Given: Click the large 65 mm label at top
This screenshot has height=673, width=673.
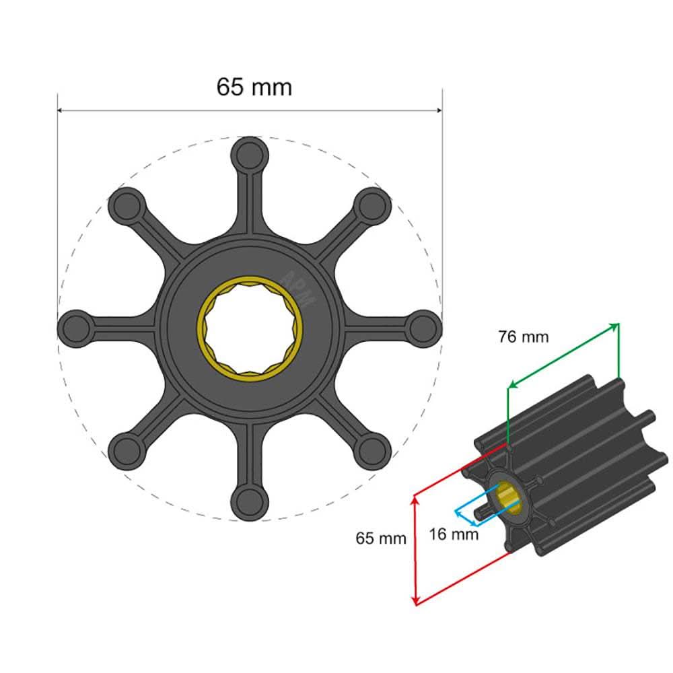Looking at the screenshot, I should coord(254,87).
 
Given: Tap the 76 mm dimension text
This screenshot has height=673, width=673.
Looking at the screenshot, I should coord(523,336).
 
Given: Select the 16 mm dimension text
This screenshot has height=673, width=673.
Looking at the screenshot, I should coord(454,534).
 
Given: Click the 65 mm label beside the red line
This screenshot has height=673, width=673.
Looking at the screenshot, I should coord(381,538).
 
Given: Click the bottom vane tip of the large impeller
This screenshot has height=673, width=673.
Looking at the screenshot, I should coord(250,501).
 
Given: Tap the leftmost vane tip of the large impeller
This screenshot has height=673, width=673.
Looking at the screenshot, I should coord(75,327).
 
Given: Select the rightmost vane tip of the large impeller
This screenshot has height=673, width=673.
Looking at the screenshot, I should coord(425,327).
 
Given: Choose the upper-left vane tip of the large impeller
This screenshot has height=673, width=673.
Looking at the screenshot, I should coord(127,204).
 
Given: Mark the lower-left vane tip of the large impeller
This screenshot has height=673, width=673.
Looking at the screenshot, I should coord(127,450).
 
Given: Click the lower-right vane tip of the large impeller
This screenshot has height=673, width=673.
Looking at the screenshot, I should coord(373,450).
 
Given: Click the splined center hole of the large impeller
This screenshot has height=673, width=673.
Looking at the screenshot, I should coord(250,327).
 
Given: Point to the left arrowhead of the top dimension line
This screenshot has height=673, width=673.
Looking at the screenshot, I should coord(61,110).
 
